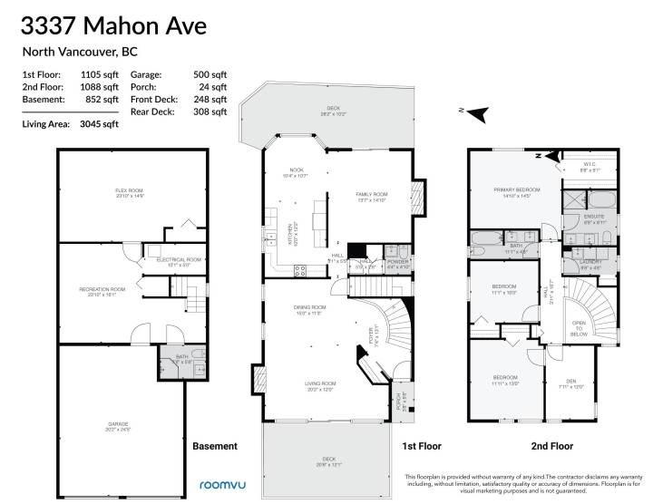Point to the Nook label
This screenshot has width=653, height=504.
pyautogui.click(x=295, y=169)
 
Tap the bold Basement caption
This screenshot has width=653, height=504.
pyautogui.click(x=215, y=446)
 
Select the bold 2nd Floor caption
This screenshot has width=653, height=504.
pyautogui.click(x=551, y=446)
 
